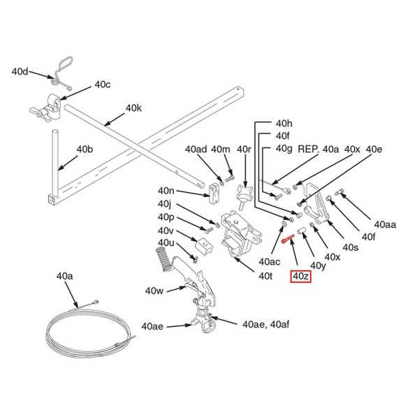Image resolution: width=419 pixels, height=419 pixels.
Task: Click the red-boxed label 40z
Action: [x=301, y=277]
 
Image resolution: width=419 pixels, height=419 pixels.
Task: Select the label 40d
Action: [x=21, y=71]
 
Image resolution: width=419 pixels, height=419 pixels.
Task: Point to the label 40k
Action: [x=133, y=108]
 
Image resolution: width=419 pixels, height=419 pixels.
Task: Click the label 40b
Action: [x=84, y=149]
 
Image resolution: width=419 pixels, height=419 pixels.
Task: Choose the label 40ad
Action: [x=196, y=149]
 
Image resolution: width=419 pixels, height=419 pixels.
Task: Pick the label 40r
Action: [x=244, y=149]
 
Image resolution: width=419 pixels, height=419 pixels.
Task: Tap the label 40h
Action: [x=284, y=122]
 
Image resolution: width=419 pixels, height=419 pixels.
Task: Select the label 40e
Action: [x=374, y=149]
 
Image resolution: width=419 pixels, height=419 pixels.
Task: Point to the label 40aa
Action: [x=385, y=224]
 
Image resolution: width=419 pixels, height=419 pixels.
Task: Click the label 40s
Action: [x=350, y=247]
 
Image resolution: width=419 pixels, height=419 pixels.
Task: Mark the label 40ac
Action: [x=269, y=261]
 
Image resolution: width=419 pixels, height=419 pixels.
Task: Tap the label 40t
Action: [x=265, y=276]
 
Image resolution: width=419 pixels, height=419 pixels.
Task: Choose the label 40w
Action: [x=154, y=290]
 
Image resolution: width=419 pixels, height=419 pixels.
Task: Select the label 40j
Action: [x=165, y=204]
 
